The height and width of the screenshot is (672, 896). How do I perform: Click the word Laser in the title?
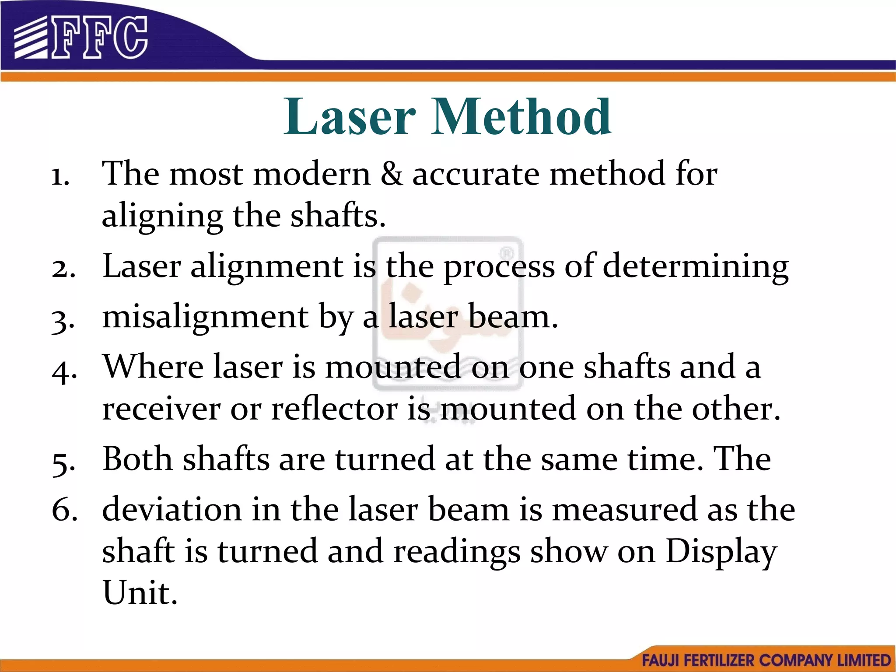click(x=349, y=117)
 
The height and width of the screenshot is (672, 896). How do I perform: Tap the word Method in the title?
click(x=521, y=117)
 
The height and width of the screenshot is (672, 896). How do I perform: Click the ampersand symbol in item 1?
click(x=392, y=174)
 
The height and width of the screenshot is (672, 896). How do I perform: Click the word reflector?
click(x=335, y=409)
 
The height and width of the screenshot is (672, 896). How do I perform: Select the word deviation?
click(x=172, y=510)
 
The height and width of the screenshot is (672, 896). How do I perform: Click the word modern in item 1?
click(x=312, y=174)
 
